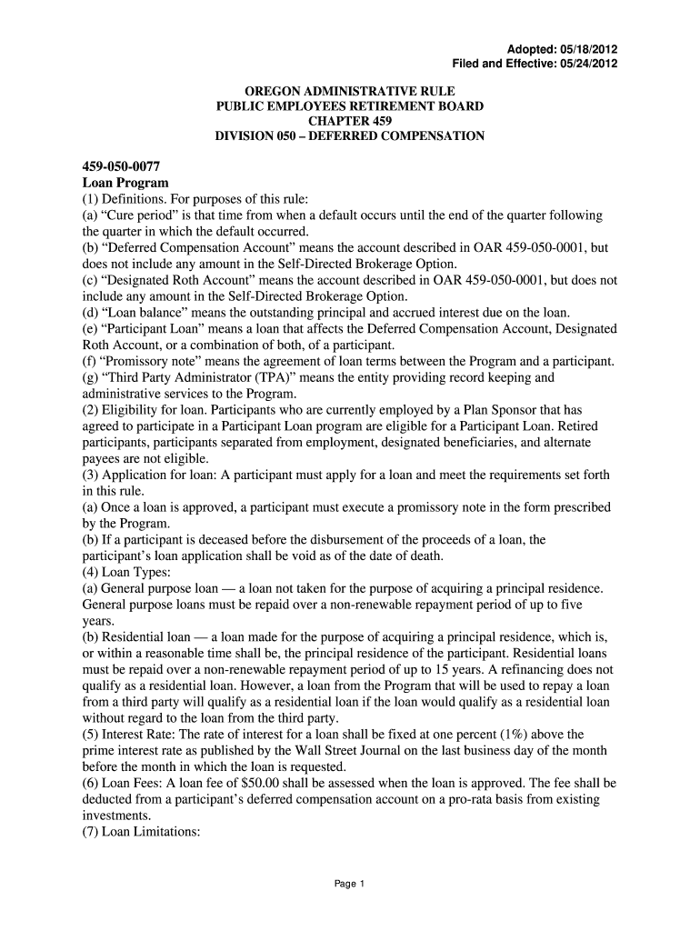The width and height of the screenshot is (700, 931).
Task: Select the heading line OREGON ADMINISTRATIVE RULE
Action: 350,92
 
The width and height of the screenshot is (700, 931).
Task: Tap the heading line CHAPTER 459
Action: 350,121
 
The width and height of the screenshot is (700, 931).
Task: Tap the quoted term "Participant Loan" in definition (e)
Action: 146,329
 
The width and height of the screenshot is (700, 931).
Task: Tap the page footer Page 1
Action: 350,883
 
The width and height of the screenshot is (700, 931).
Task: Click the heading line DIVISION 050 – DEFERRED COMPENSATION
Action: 350,136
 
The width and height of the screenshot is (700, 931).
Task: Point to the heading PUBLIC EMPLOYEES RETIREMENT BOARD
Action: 350,106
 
